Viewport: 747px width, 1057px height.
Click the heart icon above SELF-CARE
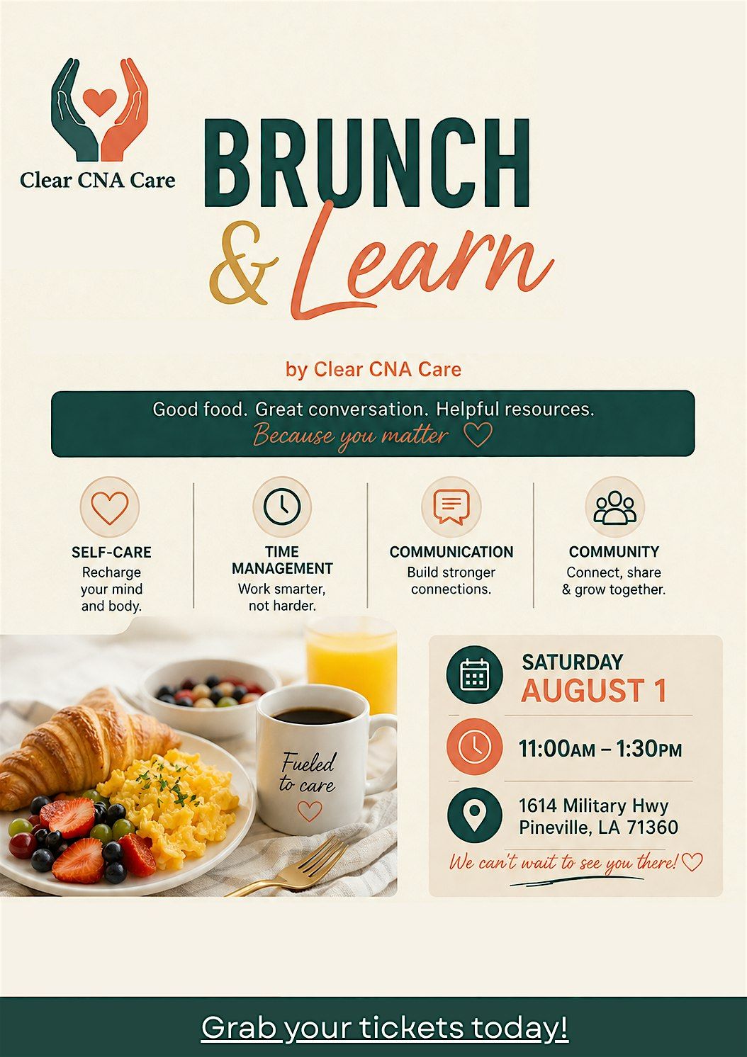pyautogui.click(x=110, y=508)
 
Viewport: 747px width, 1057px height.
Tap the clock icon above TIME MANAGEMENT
pyautogui.click(x=282, y=507)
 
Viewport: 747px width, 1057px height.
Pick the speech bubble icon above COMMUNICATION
pyautogui.click(x=451, y=507)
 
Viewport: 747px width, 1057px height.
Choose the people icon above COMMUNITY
pyautogui.click(x=614, y=508)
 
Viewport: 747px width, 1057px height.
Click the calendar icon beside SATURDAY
pyautogui.click(x=475, y=674)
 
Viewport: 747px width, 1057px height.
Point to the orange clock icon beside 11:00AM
pyautogui.click(x=475, y=747)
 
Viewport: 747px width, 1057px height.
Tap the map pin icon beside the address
pyautogui.click(x=475, y=815)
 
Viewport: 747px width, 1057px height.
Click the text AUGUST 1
pyautogui.click(x=593, y=691)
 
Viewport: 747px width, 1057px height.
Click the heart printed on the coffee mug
pyautogui.click(x=310, y=811)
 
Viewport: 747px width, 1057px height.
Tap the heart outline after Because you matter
pyautogui.click(x=478, y=434)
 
